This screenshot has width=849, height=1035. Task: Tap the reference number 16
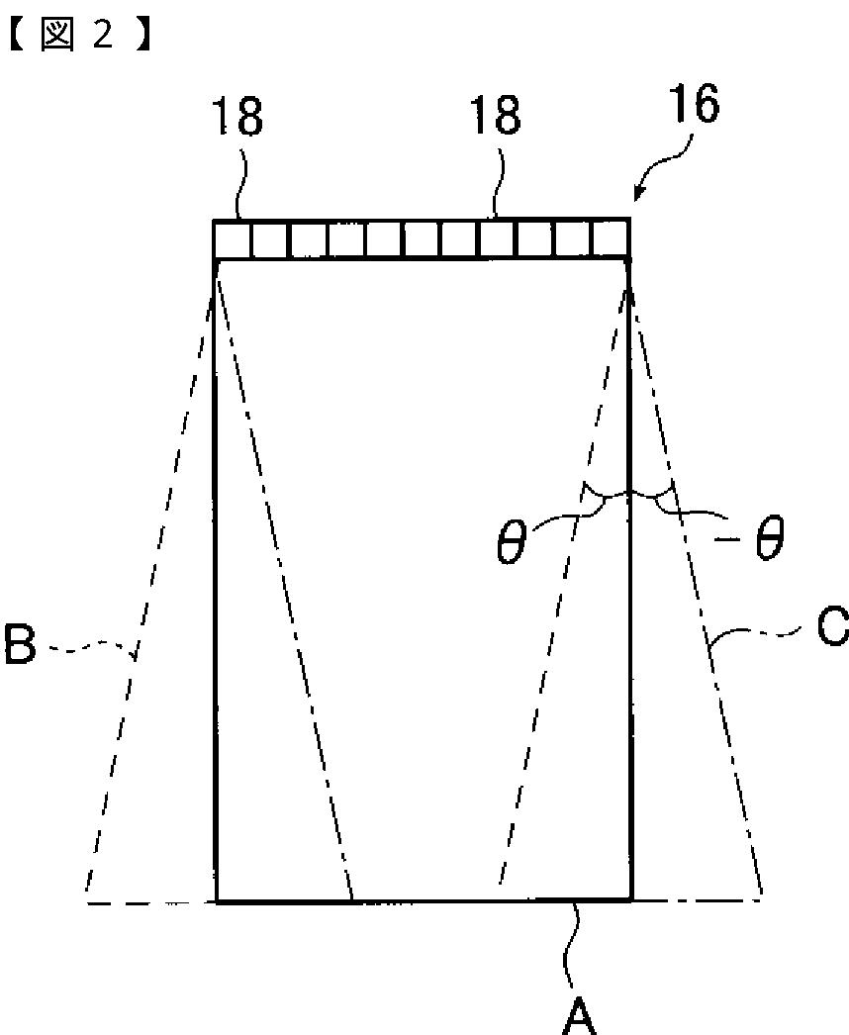coord(692,105)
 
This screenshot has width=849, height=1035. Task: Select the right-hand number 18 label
coord(496,117)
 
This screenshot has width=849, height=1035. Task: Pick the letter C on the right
coord(832,628)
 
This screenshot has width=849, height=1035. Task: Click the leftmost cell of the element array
coord(232,239)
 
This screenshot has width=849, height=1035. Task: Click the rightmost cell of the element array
coord(612,239)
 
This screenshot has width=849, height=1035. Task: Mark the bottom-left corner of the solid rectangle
coord(217,900)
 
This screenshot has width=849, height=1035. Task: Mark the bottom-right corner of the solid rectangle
coord(631,899)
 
